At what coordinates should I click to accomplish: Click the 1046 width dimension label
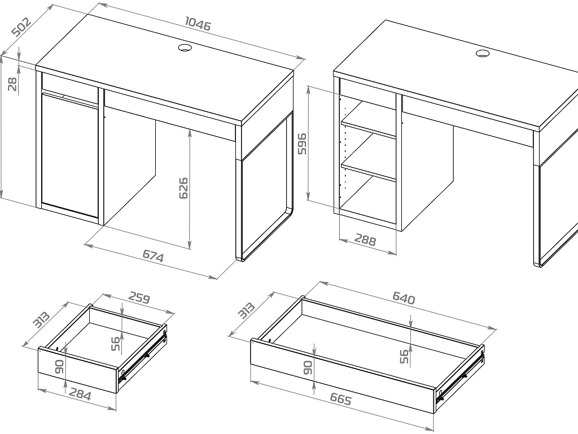198,24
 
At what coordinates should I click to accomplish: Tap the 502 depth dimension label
21,27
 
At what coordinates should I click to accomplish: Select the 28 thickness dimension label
13,84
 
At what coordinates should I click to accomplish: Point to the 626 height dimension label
183,188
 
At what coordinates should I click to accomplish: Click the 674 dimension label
153,256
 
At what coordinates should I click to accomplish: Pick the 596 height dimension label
301,144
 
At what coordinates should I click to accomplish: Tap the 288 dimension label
365,240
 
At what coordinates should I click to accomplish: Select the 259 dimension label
139,298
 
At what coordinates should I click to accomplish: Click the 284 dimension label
80,395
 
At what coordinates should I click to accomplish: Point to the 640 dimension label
404,298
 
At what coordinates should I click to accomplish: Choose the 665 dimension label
340,399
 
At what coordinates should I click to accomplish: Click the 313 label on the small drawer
41,320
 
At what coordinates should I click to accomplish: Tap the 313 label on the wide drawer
246,310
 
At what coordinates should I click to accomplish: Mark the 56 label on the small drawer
116,344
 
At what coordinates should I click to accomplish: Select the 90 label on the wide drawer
308,367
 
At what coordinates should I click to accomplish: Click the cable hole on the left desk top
185,47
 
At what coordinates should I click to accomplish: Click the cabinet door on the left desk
70,155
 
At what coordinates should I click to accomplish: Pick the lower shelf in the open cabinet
368,166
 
